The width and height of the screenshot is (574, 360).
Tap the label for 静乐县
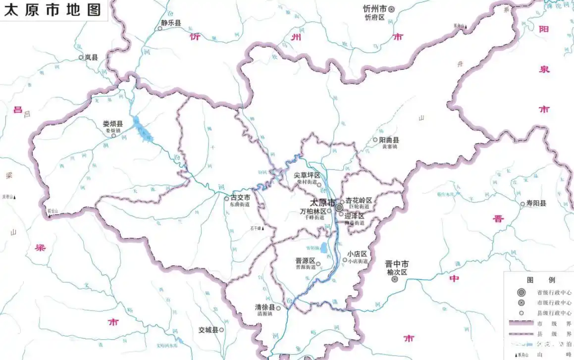coord(171,23)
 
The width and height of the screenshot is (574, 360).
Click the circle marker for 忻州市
coord(391,9)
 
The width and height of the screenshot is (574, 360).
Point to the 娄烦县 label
coord(113,123)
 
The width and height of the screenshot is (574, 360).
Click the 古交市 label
coord(240,198)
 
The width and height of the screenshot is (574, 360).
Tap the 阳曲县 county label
coord(389,140)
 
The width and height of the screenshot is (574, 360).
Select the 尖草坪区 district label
coord(307,175)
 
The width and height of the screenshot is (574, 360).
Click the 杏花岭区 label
coord(359,200)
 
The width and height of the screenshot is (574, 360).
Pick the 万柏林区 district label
coord(313,211)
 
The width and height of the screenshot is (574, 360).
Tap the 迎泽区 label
coord(355,216)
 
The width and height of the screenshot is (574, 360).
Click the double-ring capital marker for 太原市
coord(339,207)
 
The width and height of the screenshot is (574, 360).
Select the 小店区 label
coord(357,254)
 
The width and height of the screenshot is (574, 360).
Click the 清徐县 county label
coord(265,308)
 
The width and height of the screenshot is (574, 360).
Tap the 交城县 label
coord(208,330)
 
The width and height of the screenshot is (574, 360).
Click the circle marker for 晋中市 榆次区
coord(395,279)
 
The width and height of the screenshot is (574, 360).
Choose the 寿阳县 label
coord(536,203)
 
